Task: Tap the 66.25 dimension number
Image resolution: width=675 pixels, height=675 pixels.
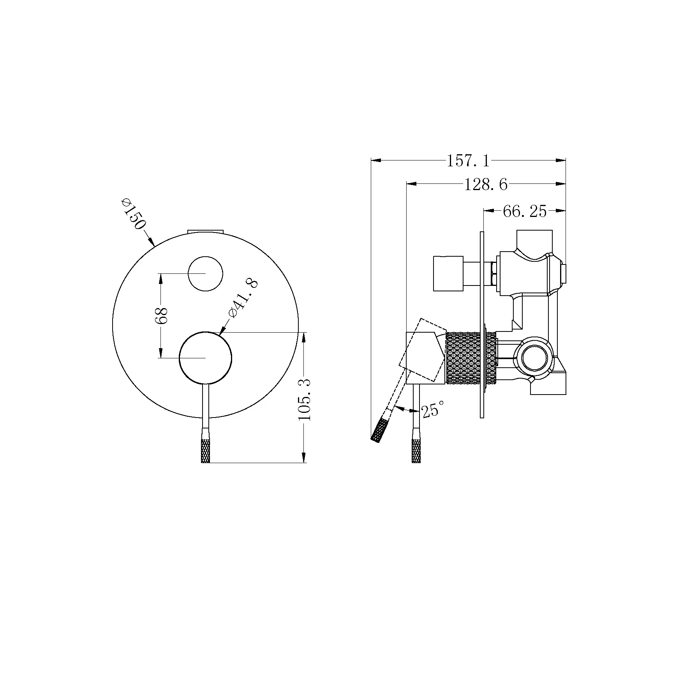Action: (x=525, y=211)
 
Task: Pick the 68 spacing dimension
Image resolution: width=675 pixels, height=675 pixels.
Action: (x=161, y=315)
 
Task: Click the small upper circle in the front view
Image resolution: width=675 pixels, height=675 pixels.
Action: (x=205, y=273)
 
